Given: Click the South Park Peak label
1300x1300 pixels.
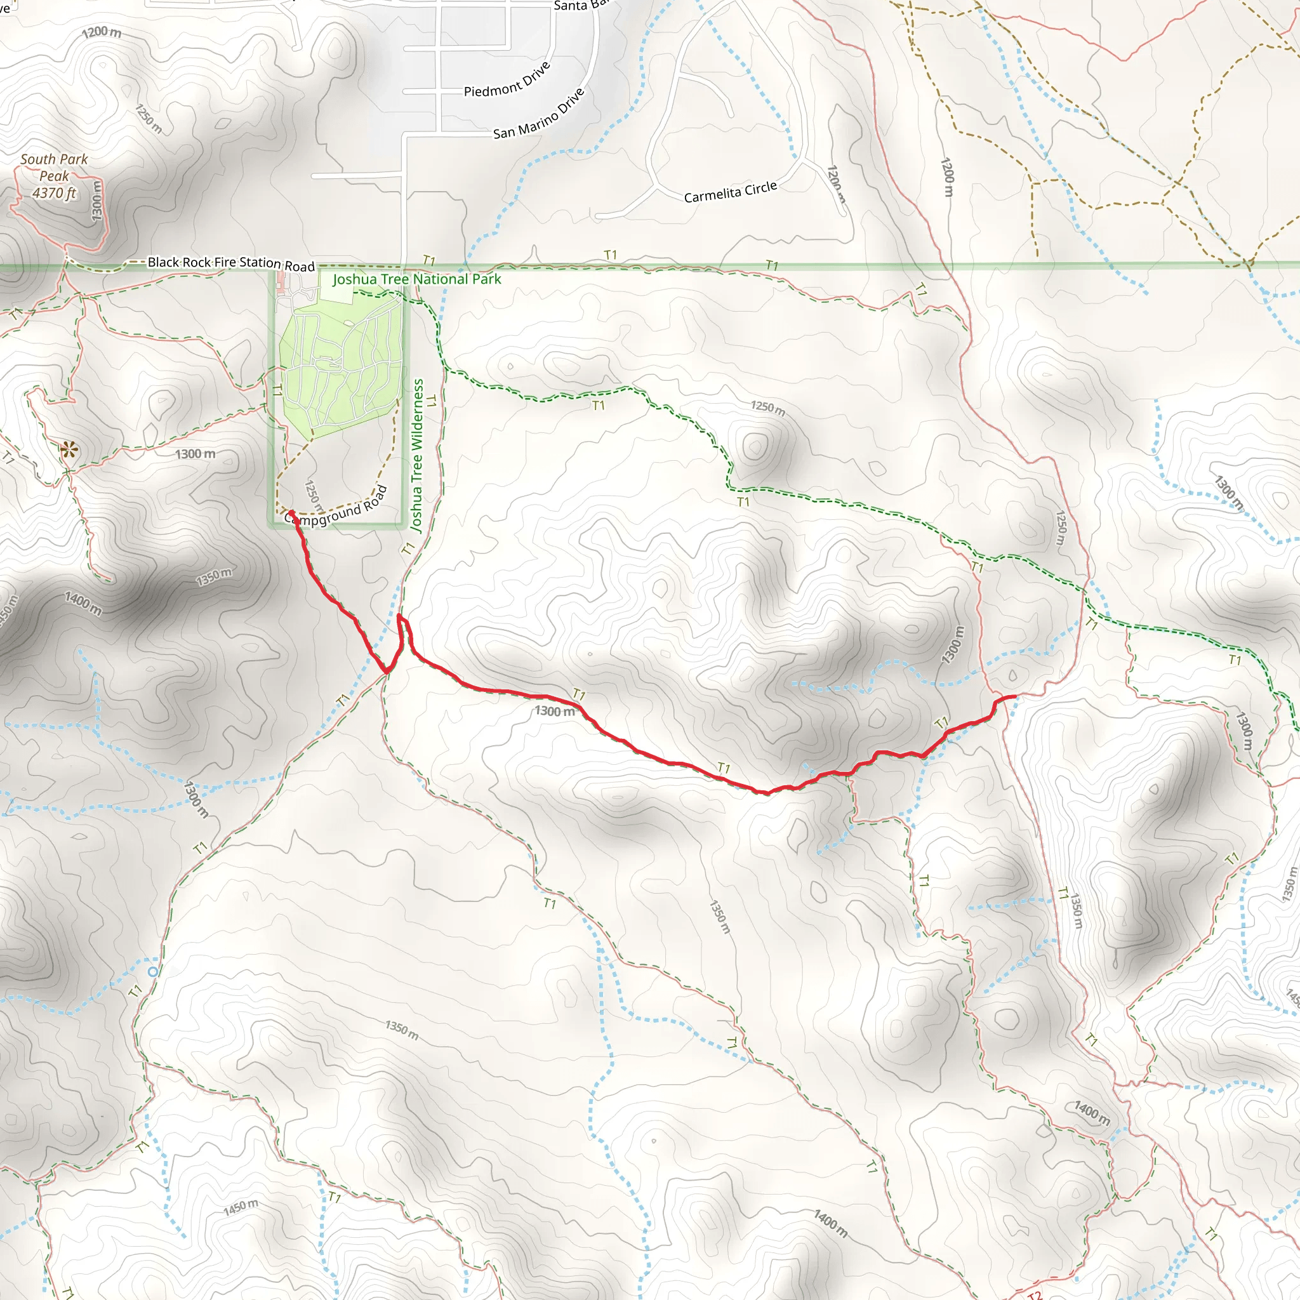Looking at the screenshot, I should (x=54, y=168).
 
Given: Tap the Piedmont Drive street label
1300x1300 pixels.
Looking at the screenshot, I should (x=507, y=80).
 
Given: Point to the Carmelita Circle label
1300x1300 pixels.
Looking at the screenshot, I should (x=730, y=192).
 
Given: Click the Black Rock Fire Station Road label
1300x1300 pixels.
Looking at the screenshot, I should (x=231, y=263).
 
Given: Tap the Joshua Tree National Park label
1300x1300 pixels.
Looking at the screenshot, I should (x=416, y=279).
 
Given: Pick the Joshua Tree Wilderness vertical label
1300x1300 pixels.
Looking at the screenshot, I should (x=417, y=456).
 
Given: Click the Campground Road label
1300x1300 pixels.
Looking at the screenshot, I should (x=336, y=508).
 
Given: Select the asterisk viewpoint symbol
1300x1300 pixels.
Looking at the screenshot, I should (x=69, y=449).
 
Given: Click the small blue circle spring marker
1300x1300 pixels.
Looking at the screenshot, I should (x=154, y=972).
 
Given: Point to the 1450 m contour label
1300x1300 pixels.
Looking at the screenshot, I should (x=240, y=1207).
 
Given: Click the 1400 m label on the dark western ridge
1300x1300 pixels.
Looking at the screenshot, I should (x=83, y=604).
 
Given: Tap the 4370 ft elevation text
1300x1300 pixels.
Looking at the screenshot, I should (x=55, y=193).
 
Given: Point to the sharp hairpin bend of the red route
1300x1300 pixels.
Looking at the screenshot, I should (x=400, y=616).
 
